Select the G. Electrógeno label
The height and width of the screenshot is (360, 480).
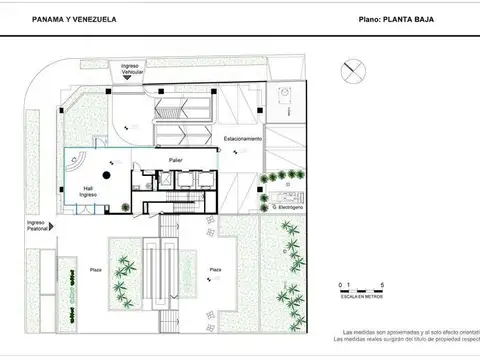point(288,207)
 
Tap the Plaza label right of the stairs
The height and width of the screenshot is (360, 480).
point(215,269)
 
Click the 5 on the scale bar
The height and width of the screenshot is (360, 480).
point(363,285)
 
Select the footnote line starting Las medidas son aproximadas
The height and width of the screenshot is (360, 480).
point(405,332)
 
